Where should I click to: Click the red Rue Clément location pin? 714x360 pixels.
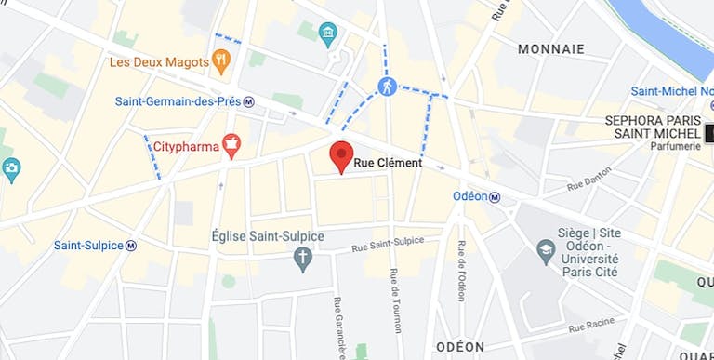(x=342, y=155)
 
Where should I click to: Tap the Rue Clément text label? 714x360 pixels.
(x=389, y=163)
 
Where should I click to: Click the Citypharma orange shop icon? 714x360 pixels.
(x=231, y=145)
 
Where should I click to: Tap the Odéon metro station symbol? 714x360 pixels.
(x=495, y=196)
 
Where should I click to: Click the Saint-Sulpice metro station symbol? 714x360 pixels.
(x=131, y=246)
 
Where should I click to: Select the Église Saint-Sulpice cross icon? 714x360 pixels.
(x=302, y=259)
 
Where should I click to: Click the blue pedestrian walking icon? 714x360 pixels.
(x=387, y=87)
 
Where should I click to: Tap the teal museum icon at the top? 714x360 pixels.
(x=327, y=35)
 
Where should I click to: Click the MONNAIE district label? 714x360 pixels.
(x=551, y=48)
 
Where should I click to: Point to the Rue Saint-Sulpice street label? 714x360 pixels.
(x=387, y=244)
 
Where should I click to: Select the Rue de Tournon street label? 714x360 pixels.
(x=395, y=300)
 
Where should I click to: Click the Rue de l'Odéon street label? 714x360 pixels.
(x=461, y=271)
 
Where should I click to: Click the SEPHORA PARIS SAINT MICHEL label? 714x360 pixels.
(x=652, y=127)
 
